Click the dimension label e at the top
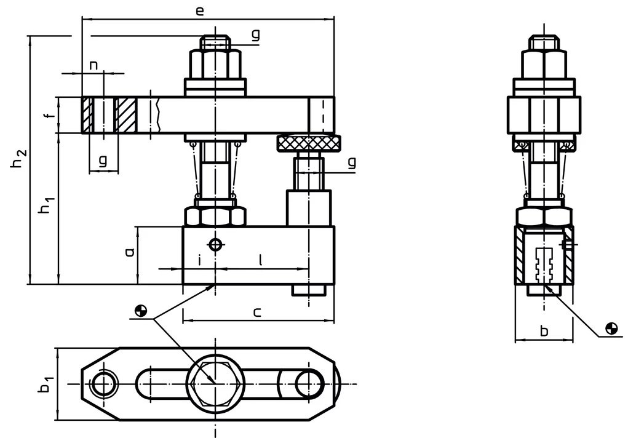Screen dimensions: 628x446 (x=200, y=11)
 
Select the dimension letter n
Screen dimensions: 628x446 (x=93, y=65)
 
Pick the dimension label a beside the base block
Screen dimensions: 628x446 (x=129, y=252)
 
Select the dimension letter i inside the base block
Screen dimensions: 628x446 (x=199, y=260)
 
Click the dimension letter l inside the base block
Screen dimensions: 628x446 (x=261, y=260)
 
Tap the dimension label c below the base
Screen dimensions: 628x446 (x=257, y=312)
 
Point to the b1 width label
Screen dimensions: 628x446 (x=47, y=383)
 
